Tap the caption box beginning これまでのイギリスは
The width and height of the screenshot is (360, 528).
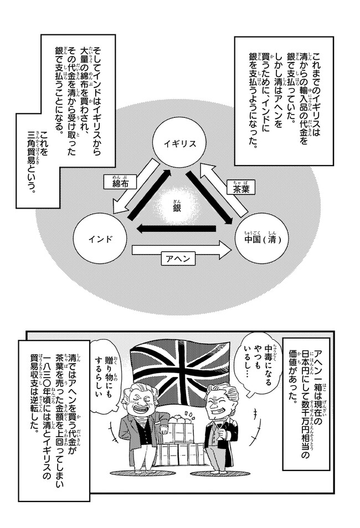tap(283, 100)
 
